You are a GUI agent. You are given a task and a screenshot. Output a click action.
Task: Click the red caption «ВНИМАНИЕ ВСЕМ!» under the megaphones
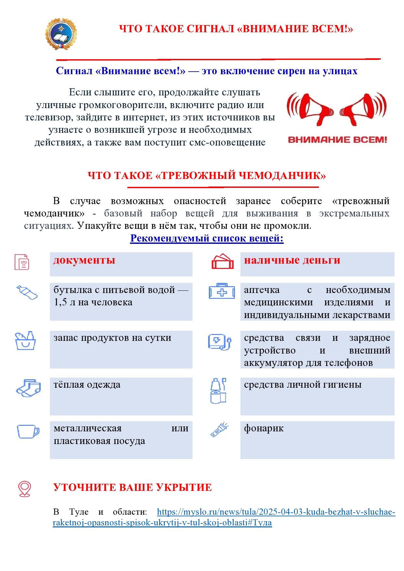click(337, 140)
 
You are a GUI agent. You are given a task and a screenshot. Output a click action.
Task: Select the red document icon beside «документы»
click(22, 262)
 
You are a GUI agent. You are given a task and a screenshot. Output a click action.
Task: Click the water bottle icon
click(27, 292)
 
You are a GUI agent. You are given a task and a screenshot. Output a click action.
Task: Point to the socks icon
click(28, 387)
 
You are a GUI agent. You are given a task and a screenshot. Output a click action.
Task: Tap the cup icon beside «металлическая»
click(28, 431)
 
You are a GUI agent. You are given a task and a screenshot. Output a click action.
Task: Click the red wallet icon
click(223, 261)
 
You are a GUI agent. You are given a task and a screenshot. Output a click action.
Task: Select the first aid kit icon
click(222, 291)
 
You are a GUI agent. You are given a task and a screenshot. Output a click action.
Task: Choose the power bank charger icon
click(219, 342)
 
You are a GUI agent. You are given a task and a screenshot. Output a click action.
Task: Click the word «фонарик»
click(264, 428)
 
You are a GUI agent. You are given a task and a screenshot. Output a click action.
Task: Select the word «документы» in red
click(84, 260)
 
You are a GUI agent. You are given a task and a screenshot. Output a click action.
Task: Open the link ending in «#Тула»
click(162, 523)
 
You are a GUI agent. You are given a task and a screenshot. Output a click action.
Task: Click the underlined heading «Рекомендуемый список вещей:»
click(207, 238)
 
